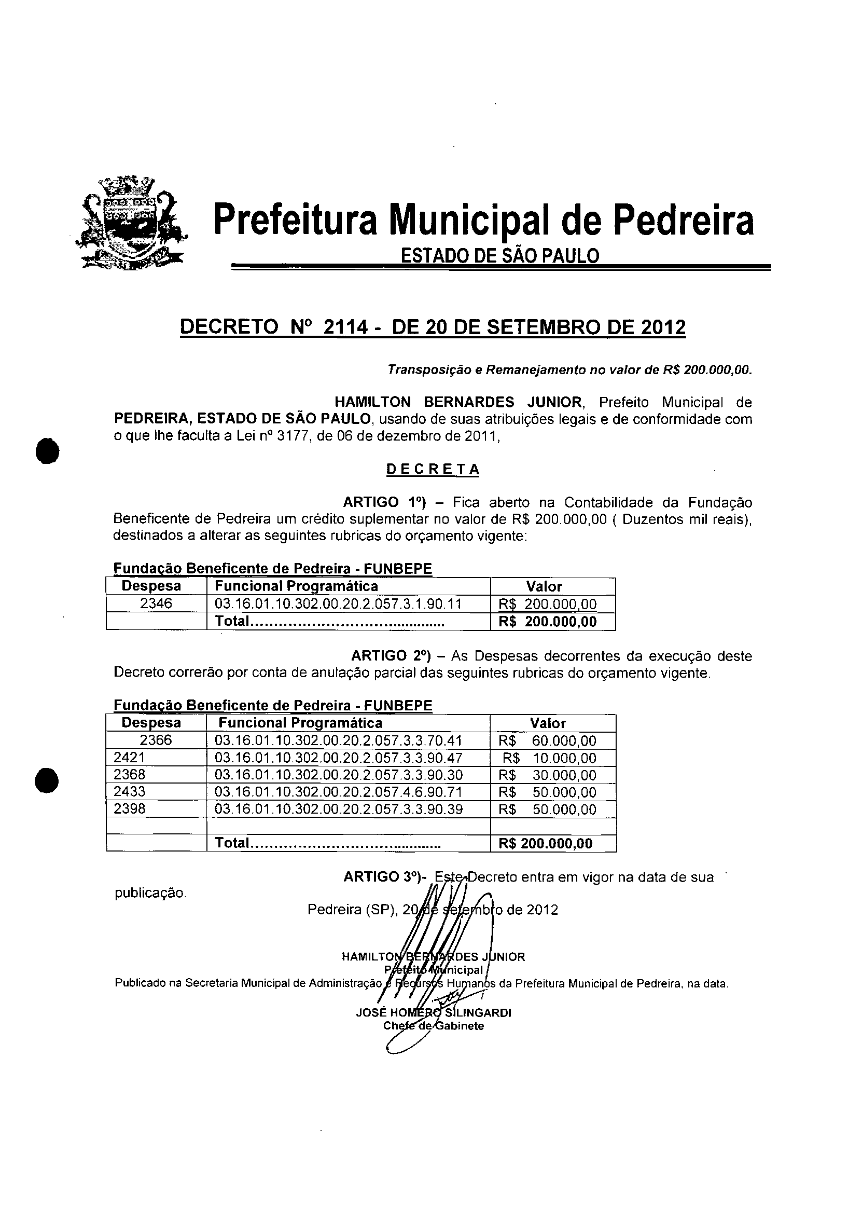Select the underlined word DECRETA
(432, 470)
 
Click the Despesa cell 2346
(156, 603)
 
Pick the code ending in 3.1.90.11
(338, 603)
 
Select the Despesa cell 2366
(156, 740)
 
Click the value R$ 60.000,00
(548, 740)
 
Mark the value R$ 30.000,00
(548, 775)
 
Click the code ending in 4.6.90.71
(339, 792)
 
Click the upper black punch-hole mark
(47, 451)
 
